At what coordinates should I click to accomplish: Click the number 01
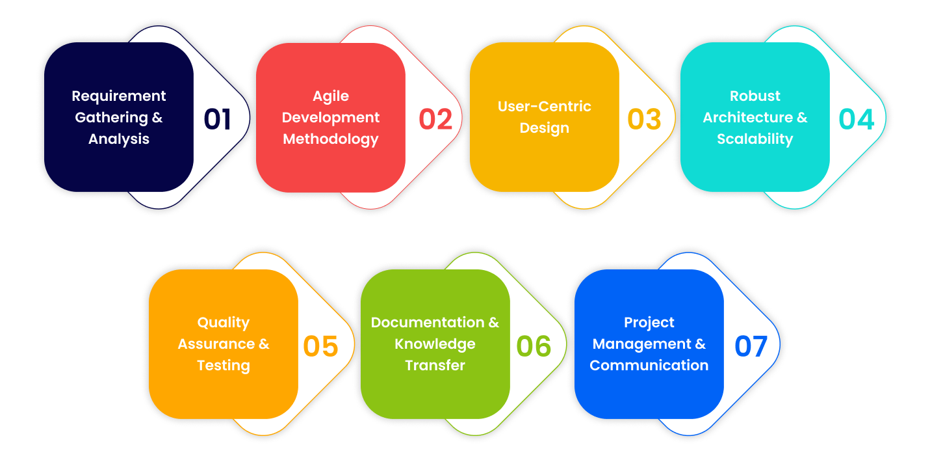point(218,119)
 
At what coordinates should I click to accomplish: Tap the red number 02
point(435,119)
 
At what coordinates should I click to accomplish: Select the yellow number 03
point(644,119)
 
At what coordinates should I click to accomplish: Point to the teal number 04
point(857,119)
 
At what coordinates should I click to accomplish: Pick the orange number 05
point(321,346)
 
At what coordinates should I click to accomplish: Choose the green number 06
point(534,346)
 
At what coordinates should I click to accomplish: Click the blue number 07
point(751,346)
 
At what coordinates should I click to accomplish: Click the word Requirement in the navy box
point(119,96)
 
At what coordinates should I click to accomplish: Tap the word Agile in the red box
point(331,96)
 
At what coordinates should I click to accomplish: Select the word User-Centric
point(545,107)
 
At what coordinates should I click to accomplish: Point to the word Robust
point(755,96)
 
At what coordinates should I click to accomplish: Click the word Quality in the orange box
point(224,323)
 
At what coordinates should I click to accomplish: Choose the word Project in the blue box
point(649,323)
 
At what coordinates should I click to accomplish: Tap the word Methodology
point(331,139)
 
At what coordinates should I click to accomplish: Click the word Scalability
point(755,139)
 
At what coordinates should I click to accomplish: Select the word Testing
point(224,366)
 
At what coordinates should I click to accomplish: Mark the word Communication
point(649,366)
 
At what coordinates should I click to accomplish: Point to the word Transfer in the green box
point(435,366)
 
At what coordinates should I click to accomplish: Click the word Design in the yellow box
point(545,128)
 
